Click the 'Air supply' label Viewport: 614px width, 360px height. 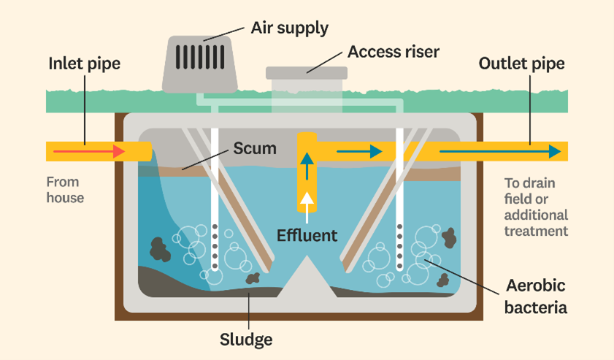tap(289, 28)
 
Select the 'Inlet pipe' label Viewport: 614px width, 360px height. tap(84, 64)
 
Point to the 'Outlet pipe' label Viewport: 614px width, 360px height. tap(521, 64)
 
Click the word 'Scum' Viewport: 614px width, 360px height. tap(255, 149)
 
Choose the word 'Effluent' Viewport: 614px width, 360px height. tap(307, 235)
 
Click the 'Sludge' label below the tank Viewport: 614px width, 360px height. tap(246, 340)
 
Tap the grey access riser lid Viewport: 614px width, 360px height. tap(307, 72)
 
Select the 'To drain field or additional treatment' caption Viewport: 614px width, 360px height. tap(536, 207)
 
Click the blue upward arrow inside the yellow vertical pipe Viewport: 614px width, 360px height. tap(307, 164)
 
